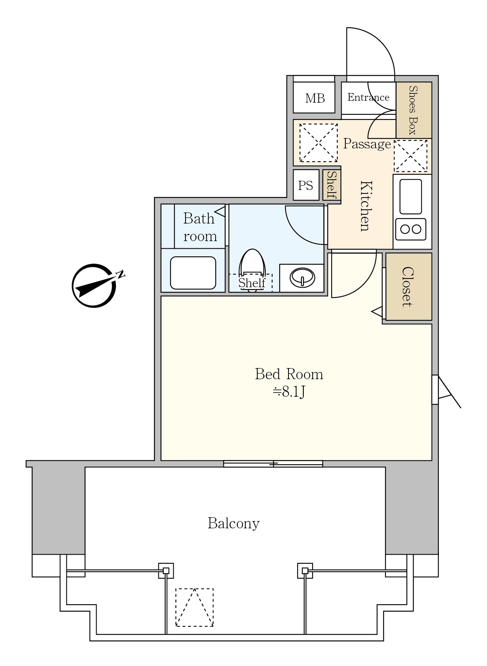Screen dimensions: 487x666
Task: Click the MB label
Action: point(315,98)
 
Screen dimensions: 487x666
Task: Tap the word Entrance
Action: point(368,97)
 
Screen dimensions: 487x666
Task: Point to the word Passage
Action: point(367,144)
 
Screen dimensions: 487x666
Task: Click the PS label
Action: point(305,186)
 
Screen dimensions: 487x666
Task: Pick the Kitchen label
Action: point(366,206)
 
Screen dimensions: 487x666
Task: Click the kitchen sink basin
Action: point(411,196)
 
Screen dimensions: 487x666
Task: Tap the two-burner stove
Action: point(411,229)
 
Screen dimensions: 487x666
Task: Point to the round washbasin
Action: point(302,277)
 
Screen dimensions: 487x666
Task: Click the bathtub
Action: point(193,273)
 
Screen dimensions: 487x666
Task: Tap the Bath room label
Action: point(200,227)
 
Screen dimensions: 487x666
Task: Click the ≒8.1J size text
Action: point(289,392)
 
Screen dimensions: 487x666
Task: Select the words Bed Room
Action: point(289,374)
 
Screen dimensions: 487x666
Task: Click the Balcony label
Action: point(234,523)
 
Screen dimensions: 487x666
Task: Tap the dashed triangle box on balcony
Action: point(194,607)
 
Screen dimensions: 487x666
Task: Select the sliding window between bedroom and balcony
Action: point(273,464)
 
